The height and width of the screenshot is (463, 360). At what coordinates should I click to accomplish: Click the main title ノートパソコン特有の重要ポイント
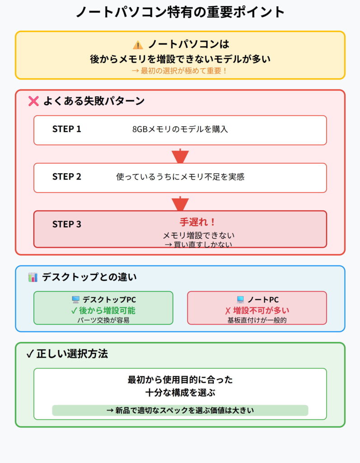(180, 12)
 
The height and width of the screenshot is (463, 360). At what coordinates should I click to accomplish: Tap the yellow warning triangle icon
(138, 45)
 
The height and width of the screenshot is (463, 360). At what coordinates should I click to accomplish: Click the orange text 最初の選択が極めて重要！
(180, 71)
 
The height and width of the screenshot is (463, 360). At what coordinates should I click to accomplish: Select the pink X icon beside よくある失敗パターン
(33, 101)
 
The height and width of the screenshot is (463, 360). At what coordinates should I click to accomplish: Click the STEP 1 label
(67, 129)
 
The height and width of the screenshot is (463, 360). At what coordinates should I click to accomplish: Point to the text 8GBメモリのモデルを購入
(180, 129)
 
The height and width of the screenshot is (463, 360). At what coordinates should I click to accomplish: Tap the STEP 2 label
(67, 177)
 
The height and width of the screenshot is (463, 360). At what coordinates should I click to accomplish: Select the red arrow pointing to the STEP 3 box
(180, 203)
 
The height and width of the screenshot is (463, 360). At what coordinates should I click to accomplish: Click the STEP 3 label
(67, 224)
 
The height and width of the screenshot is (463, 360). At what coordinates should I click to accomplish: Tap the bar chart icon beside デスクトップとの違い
(33, 277)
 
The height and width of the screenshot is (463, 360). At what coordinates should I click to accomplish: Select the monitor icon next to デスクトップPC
(75, 300)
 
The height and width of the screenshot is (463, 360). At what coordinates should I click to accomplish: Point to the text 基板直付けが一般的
(257, 320)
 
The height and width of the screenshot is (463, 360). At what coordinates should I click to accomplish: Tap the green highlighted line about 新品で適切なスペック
(180, 411)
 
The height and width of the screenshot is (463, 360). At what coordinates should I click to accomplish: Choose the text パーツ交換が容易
(103, 320)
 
